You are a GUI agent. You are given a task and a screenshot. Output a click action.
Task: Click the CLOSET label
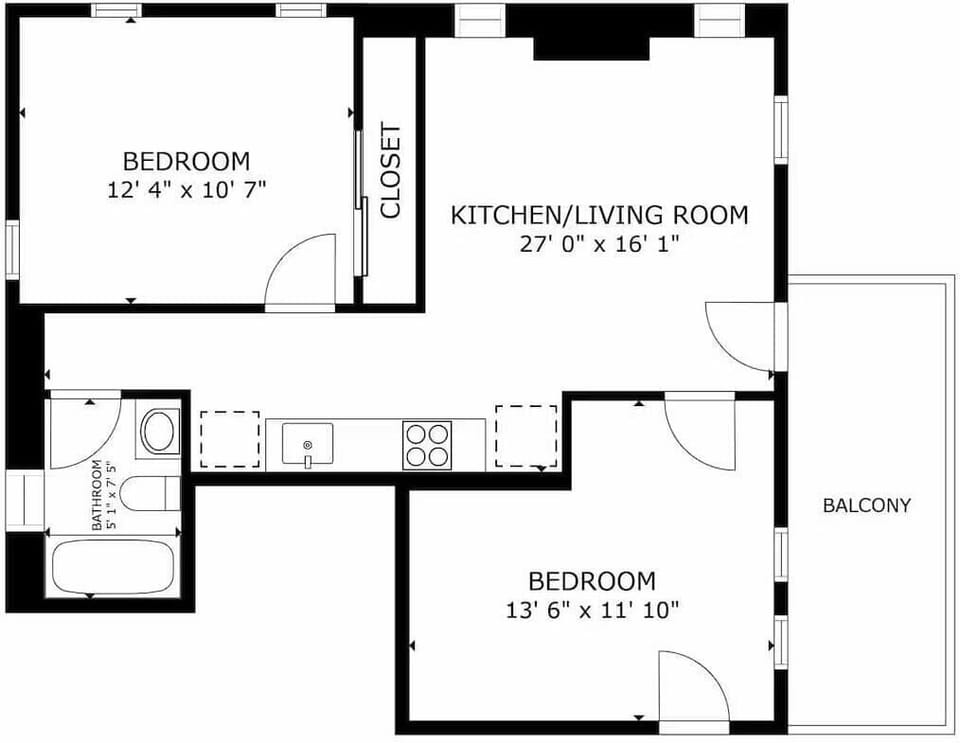(x=391, y=170)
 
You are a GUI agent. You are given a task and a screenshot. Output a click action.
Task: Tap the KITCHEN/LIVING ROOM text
(x=599, y=215)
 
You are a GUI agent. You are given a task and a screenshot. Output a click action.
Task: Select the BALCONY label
(x=866, y=505)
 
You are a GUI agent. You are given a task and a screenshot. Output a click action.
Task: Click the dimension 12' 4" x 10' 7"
(x=187, y=189)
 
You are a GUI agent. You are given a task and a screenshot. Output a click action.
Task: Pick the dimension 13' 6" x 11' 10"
(x=592, y=609)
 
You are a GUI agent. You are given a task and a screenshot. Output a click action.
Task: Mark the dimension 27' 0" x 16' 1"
(x=599, y=244)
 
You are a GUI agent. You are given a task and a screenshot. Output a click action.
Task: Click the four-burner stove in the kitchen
(x=427, y=445)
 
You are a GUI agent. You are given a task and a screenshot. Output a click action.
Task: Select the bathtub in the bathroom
(x=114, y=567)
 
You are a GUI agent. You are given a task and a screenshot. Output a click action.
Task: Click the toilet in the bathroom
(x=156, y=491)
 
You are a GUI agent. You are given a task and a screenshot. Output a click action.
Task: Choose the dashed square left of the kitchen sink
(x=229, y=439)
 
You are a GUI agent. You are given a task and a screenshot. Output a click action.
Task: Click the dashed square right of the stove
(x=526, y=437)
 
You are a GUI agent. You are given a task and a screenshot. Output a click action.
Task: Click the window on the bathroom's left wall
(x=26, y=500)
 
